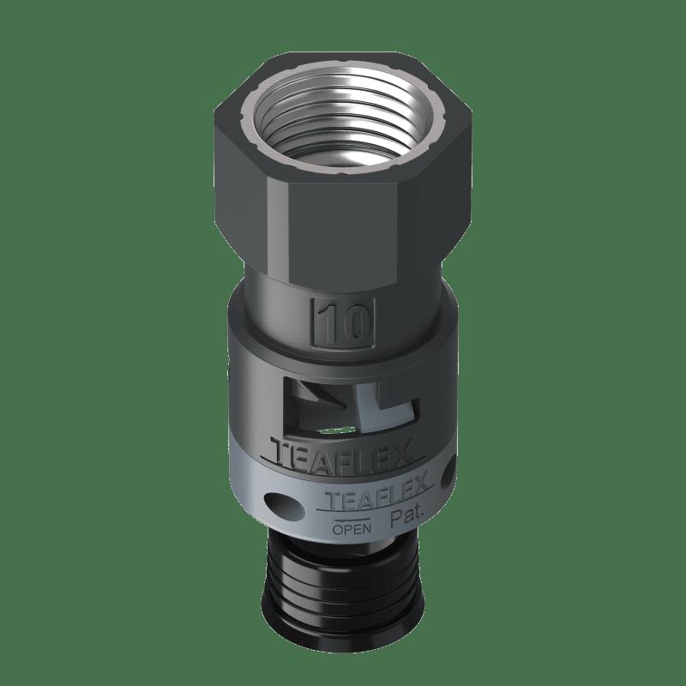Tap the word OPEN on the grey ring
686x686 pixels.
point(352,529)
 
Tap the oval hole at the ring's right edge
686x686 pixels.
point(448,475)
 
